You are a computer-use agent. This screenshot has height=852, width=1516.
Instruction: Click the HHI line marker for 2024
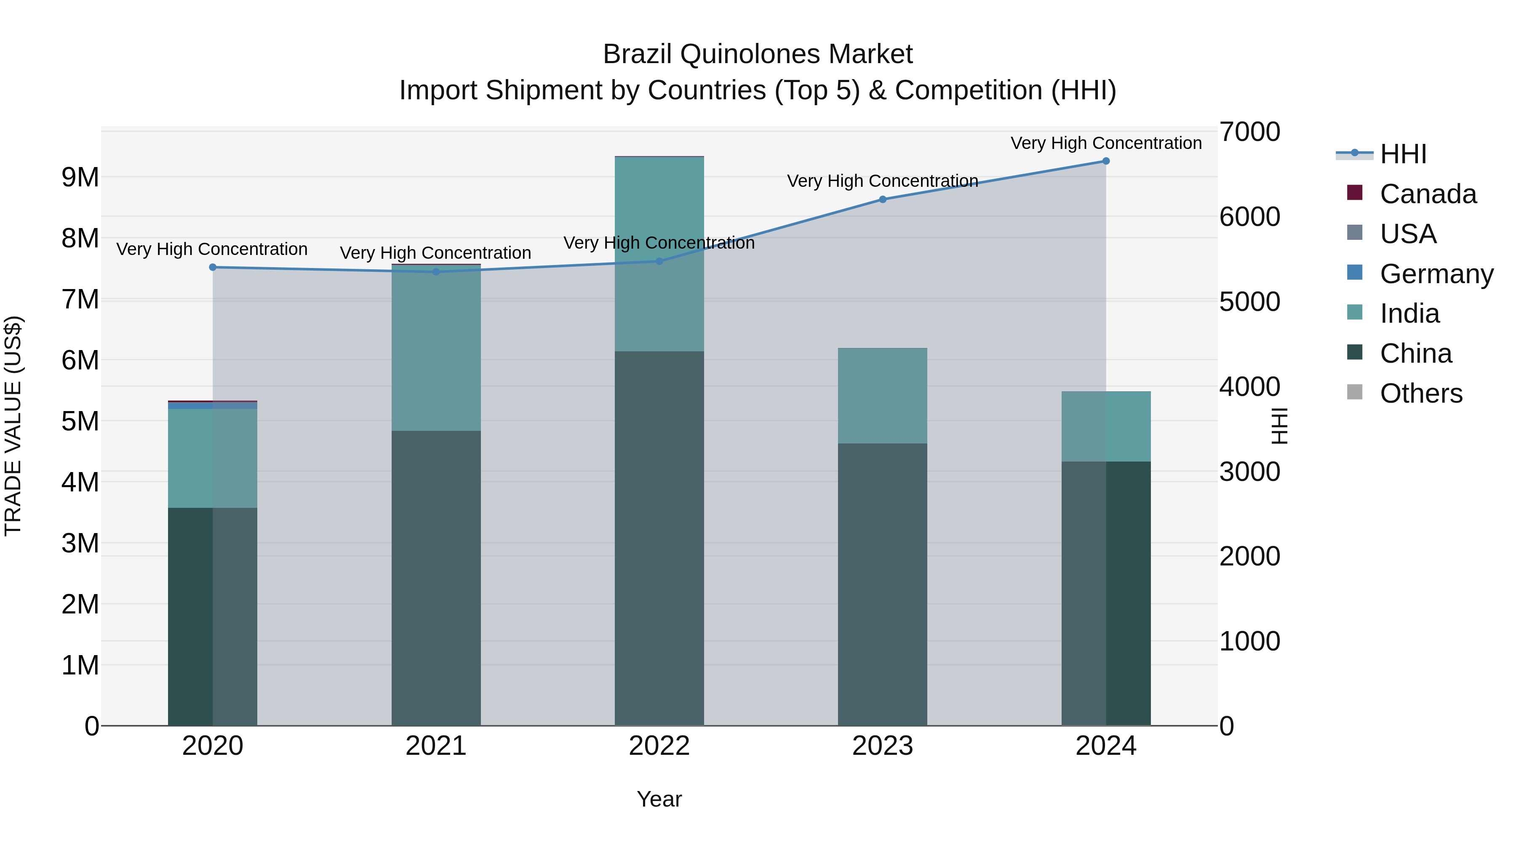[1106, 161]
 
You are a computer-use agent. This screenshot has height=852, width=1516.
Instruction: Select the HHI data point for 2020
[213, 268]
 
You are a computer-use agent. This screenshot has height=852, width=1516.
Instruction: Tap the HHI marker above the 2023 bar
[883, 199]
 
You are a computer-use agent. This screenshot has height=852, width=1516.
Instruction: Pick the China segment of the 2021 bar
[436, 579]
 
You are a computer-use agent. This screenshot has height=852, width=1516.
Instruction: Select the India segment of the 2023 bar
[883, 396]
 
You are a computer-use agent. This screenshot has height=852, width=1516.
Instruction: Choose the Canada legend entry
[1427, 194]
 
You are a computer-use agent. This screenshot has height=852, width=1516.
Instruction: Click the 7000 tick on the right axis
[1249, 132]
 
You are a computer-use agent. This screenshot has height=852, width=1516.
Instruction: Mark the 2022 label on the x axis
[659, 746]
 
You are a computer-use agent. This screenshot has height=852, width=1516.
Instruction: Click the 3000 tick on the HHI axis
[1249, 472]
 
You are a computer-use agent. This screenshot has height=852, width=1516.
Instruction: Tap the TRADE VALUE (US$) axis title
[13, 426]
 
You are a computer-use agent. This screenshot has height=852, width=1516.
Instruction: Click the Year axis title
[659, 799]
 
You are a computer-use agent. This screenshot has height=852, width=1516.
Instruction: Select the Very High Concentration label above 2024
[1106, 143]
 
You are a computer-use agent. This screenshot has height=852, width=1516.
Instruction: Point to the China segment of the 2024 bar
[1106, 594]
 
